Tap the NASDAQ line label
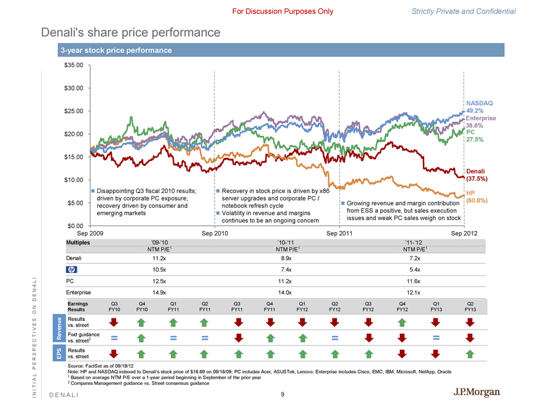[x=480, y=103]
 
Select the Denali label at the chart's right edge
[x=476, y=171]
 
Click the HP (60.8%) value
[x=477, y=200]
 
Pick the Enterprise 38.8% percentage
[x=476, y=125]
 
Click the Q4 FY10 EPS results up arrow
[x=141, y=353]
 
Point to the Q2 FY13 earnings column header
[x=470, y=306]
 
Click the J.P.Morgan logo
[x=477, y=393]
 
